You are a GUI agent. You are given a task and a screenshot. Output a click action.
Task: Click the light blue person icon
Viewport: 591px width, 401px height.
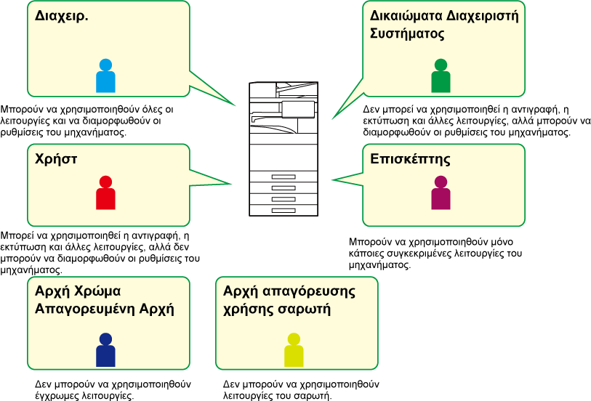point(105,76)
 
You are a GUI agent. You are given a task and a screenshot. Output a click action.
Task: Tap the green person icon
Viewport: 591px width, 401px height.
point(441,76)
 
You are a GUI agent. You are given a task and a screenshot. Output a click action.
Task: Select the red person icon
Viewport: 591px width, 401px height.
point(105,193)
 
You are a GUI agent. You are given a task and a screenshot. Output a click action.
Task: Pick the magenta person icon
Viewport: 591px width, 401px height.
point(441,193)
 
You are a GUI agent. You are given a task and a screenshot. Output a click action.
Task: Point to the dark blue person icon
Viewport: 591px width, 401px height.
point(105,350)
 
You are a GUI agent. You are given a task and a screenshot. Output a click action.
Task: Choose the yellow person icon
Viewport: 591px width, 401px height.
point(294,350)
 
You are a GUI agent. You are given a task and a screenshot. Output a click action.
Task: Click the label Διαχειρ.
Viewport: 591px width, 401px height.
point(62,15)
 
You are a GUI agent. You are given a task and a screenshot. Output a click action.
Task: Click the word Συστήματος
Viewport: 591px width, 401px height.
point(407,33)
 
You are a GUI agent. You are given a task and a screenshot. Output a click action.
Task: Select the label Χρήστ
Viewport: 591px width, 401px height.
point(57,158)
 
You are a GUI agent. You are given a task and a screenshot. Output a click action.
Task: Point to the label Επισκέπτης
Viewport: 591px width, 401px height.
point(410,159)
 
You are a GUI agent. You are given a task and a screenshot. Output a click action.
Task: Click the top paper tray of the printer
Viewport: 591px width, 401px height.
point(284,177)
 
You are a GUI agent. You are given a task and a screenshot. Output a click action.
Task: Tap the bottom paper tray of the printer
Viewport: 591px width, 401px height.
point(284,209)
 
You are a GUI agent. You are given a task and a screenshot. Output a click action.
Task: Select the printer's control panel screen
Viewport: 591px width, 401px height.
point(297,109)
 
